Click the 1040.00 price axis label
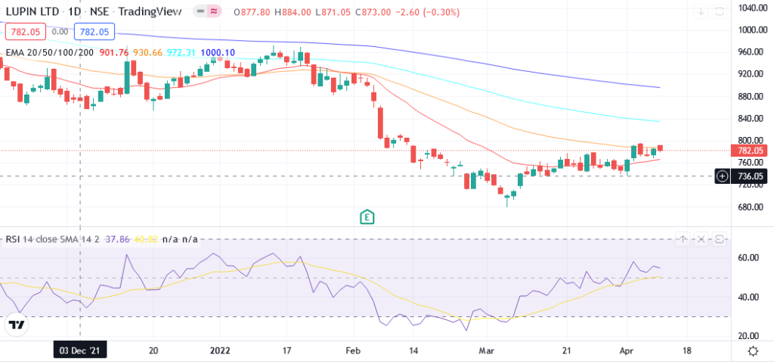pyautogui.click(x=753, y=8)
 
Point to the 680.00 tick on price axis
pyautogui.click(x=753, y=207)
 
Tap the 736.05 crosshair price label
pyautogui.click(x=753, y=176)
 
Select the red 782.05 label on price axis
pyautogui.click(x=753, y=151)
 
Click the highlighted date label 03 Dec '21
pyautogui.click(x=79, y=350)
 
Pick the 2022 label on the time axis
pyautogui.click(x=220, y=350)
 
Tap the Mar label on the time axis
pyautogui.click(x=488, y=350)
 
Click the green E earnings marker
pyautogui.click(x=367, y=216)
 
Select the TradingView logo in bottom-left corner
pyautogui.click(x=17, y=325)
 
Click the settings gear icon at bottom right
pyautogui.click(x=753, y=351)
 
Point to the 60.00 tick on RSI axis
pyautogui.click(x=748, y=258)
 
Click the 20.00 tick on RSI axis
pyautogui.click(x=748, y=336)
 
